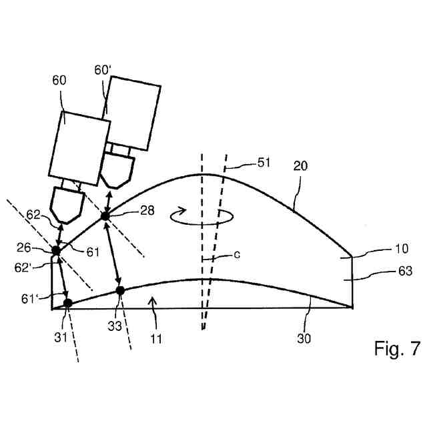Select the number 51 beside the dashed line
pos(266,162)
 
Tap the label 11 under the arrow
pos(155,338)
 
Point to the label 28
pos(147,211)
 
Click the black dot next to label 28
pos(105,216)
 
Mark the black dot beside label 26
pos(57,250)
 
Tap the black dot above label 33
pos(120,290)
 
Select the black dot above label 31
pos(67,303)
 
